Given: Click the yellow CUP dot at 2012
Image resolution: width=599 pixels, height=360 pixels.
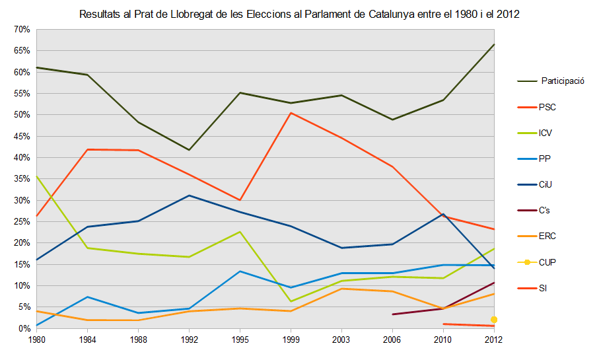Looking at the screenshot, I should [x=494, y=320].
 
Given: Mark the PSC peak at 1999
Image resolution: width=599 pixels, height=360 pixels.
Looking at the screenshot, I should [x=291, y=113].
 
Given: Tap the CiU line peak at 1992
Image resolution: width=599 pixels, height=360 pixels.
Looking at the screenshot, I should [x=190, y=196].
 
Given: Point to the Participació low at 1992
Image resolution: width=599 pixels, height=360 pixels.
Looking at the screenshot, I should [x=190, y=150].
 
